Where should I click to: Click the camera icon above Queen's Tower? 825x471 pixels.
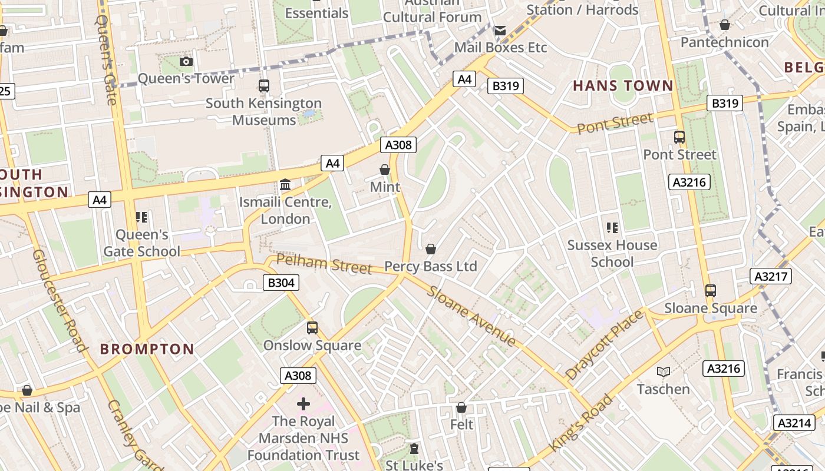[x=186, y=61]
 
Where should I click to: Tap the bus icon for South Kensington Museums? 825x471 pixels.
[x=264, y=86]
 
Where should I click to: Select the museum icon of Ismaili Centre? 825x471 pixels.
[x=285, y=185]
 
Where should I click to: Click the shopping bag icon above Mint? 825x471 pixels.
[x=385, y=170]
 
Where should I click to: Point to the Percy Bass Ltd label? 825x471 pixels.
[x=430, y=266]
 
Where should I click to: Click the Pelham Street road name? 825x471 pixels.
[x=324, y=263]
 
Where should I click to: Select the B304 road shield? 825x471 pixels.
[x=280, y=283]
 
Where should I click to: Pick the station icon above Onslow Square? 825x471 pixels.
[x=312, y=328]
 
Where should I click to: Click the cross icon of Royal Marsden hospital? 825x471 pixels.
[x=303, y=404]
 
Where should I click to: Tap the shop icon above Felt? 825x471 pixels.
[x=461, y=407]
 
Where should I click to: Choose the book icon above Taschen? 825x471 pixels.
[x=664, y=372]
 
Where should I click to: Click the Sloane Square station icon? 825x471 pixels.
[x=711, y=291]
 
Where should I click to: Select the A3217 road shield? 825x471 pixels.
[x=771, y=276]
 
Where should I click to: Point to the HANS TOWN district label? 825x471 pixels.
[x=623, y=85]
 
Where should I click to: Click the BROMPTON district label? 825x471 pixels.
[x=147, y=349]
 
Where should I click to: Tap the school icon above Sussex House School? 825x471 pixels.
[x=612, y=227]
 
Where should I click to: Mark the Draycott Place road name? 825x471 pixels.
[x=604, y=344]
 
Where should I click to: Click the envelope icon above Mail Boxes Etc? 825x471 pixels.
[x=500, y=31]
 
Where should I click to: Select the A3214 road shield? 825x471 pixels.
[x=793, y=423]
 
